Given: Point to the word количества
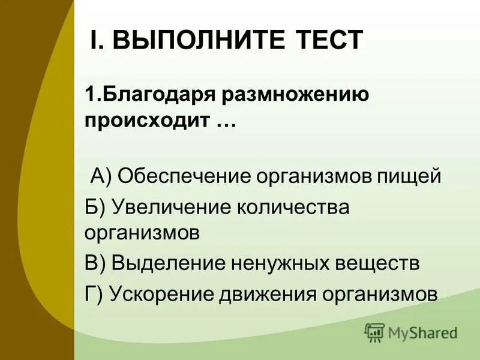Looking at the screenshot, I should pyautogui.click(x=290, y=206).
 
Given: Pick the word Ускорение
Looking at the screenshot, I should pyautogui.click(x=159, y=293).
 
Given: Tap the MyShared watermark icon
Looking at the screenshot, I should pyautogui.click(x=374, y=332).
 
